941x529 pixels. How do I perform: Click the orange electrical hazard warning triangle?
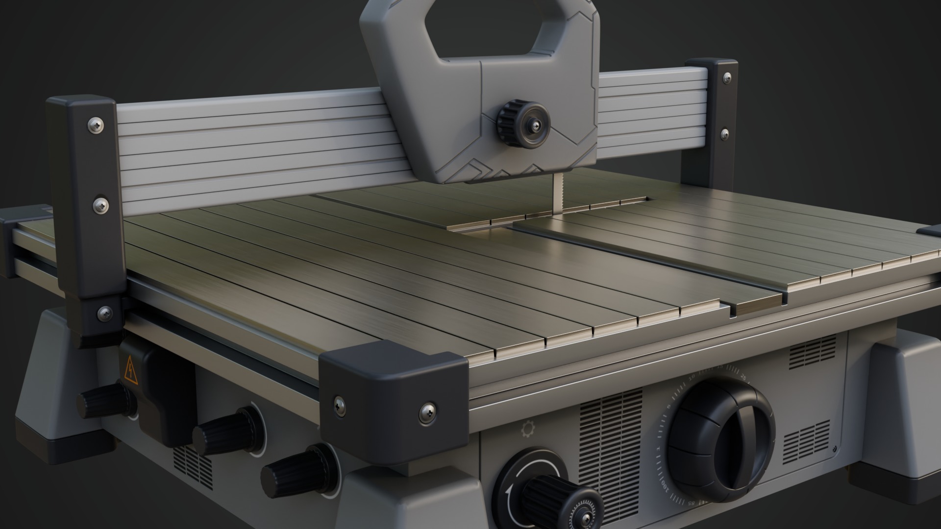pyautogui.click(x=130, y=370)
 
